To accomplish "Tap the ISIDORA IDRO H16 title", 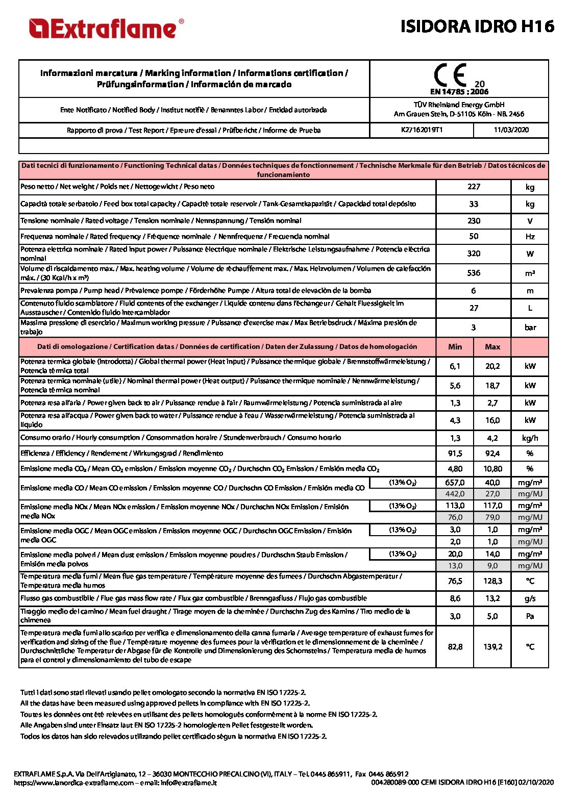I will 477,26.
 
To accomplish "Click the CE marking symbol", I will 451,75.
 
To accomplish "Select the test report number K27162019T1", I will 422,130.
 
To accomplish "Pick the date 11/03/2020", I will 511,130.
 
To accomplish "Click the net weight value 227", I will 474,187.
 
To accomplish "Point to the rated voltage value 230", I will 474,221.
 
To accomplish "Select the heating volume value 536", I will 474,273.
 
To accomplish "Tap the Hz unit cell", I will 530,237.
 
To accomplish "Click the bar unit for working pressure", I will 530,328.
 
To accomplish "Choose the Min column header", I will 455,347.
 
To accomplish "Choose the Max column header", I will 492,347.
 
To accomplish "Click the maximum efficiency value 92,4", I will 492,454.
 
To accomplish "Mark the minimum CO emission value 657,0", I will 455,483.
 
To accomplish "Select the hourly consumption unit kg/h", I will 530,438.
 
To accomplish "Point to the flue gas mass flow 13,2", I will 492,598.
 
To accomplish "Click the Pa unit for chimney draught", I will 530,616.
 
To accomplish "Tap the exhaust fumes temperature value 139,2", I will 492,647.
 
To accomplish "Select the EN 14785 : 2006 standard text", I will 459,92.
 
